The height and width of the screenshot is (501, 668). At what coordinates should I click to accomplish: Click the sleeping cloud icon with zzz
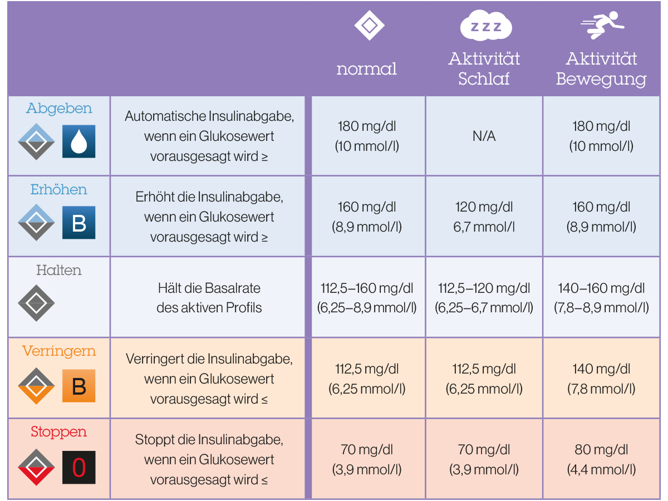pyautogui.click(x=486, y=25)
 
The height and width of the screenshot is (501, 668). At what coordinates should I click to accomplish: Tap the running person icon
pyautogui.click(x=602, y=25)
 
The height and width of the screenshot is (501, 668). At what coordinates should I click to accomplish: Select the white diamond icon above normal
pyautogui.click(x=369, y=25)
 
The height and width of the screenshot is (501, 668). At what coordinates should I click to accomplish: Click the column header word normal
pyautogui.click(x=366, y=68)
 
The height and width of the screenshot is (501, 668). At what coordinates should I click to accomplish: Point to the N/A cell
pyautogui.click(x=484, y=136)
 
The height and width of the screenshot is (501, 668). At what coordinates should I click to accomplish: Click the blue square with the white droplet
pyautogui.click(x=79, y=141)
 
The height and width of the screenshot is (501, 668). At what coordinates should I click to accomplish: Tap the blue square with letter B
pyautogui.click(x=79, y=222)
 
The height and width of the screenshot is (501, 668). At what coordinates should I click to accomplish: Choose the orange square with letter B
pyautogui.click(x=79, y=386)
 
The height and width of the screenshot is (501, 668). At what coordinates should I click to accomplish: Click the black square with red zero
pyautogui.click(x=79, y=467)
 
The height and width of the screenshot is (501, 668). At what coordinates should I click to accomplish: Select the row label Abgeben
pyautogui.click(x=59, y=109)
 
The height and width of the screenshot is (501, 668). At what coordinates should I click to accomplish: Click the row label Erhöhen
pyautogui.click(x=59, y=189)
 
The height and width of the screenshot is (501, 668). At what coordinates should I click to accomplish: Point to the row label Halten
pyautogui.click(x=59, y=270)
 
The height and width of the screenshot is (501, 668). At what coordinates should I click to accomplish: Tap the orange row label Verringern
pyautogui.click(x=59, y=351)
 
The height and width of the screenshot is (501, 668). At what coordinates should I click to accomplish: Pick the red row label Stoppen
pyautogui.click(x=59, y=432)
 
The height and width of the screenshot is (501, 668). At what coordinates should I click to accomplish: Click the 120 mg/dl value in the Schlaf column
pyautogui.click(x=484, y=207)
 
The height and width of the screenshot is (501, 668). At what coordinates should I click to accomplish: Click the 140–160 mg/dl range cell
pyautogui.click(x=601, y=288)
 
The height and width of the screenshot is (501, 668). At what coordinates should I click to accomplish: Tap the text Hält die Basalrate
pyautogui.click(x=209, y=288)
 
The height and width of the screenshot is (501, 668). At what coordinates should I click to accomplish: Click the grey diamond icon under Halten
pyautogui.click(x=36, y=303)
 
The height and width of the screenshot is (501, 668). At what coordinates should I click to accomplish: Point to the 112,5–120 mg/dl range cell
pyautogui.click(x=484, y=288)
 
